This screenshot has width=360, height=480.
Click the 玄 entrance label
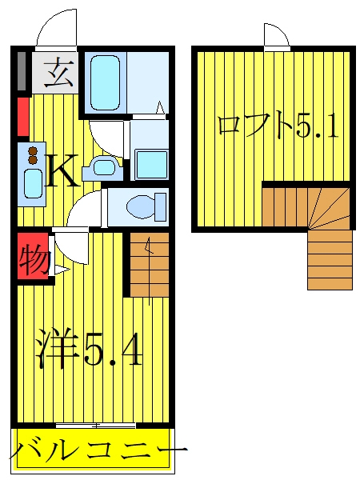pos(58,74)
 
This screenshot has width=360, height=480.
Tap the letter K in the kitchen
pos(62,170)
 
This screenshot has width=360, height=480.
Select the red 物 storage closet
pos(33,256)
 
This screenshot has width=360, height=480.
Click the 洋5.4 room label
pos(89,350)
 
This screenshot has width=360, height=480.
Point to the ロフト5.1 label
pos(278,125)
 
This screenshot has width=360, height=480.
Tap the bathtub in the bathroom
pos(106,82)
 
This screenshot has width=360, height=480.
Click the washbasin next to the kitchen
pos(103,168)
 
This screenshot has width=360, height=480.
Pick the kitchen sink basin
pos(33,184)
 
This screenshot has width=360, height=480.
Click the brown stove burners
pos(33,155)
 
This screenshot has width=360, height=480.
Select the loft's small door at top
pos(276,36)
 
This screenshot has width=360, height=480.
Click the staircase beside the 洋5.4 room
pos(150,265)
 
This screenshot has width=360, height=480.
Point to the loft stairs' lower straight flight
pos(330,259)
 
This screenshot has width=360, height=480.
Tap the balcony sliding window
pos(96,426)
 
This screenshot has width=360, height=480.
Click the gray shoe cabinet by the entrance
pos(22,71)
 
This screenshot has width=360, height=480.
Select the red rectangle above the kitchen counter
pos(23,116)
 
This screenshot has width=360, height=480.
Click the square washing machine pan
pos(152,165)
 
